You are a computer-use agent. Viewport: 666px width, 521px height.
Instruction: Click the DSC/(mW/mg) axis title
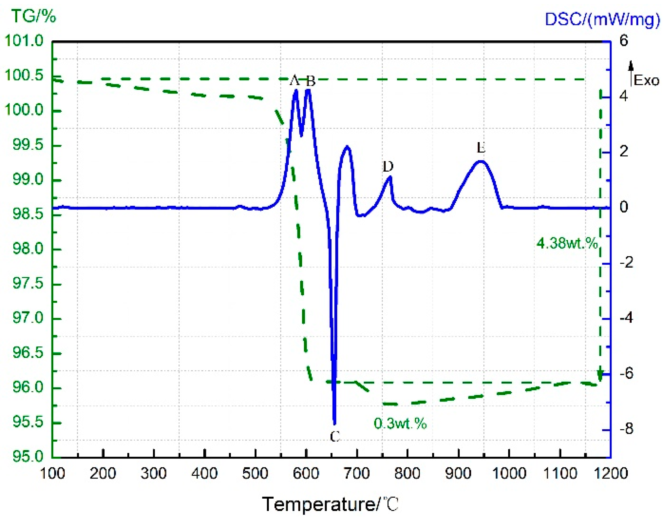602,20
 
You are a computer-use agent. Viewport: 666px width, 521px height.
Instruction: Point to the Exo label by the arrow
646,80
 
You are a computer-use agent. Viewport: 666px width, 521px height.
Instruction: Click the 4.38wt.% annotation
567,243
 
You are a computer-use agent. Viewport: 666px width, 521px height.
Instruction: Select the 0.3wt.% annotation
400,423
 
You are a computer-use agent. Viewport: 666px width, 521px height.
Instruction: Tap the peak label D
388,166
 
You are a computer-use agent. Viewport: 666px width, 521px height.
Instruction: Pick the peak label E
481,148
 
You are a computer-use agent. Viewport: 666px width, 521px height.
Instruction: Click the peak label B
311,81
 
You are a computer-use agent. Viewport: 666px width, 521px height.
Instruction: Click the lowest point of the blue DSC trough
334,424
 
